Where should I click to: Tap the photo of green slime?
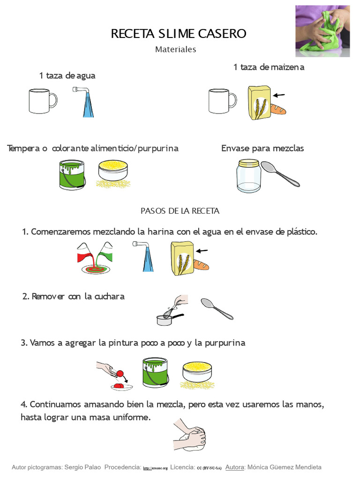coord(322,30)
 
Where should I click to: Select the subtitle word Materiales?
coord(176,49)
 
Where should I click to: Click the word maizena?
coord(287,67)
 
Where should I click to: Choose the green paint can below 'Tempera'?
coord(72,174)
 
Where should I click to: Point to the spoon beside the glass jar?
coord(280,173)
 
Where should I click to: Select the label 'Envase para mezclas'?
coord(262,148)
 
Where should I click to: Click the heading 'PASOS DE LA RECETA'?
coord(180,211)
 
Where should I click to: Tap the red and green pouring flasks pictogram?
coord(95,257)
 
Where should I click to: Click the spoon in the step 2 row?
coord(217,308)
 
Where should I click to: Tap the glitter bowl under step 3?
coord(196,373)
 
